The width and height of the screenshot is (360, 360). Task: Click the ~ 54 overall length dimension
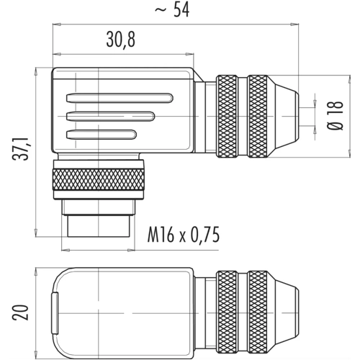point(172,10)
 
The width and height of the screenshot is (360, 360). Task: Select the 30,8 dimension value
point(121,40)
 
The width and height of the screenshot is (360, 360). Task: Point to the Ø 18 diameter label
point(335,115)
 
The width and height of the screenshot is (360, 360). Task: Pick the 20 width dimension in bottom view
point(20,312)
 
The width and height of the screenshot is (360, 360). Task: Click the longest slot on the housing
point(120,98)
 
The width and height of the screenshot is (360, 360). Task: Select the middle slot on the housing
point(110,117)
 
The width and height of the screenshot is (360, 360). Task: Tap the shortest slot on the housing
point(102,135)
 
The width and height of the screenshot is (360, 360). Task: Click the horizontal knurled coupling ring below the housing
point(99,179)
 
